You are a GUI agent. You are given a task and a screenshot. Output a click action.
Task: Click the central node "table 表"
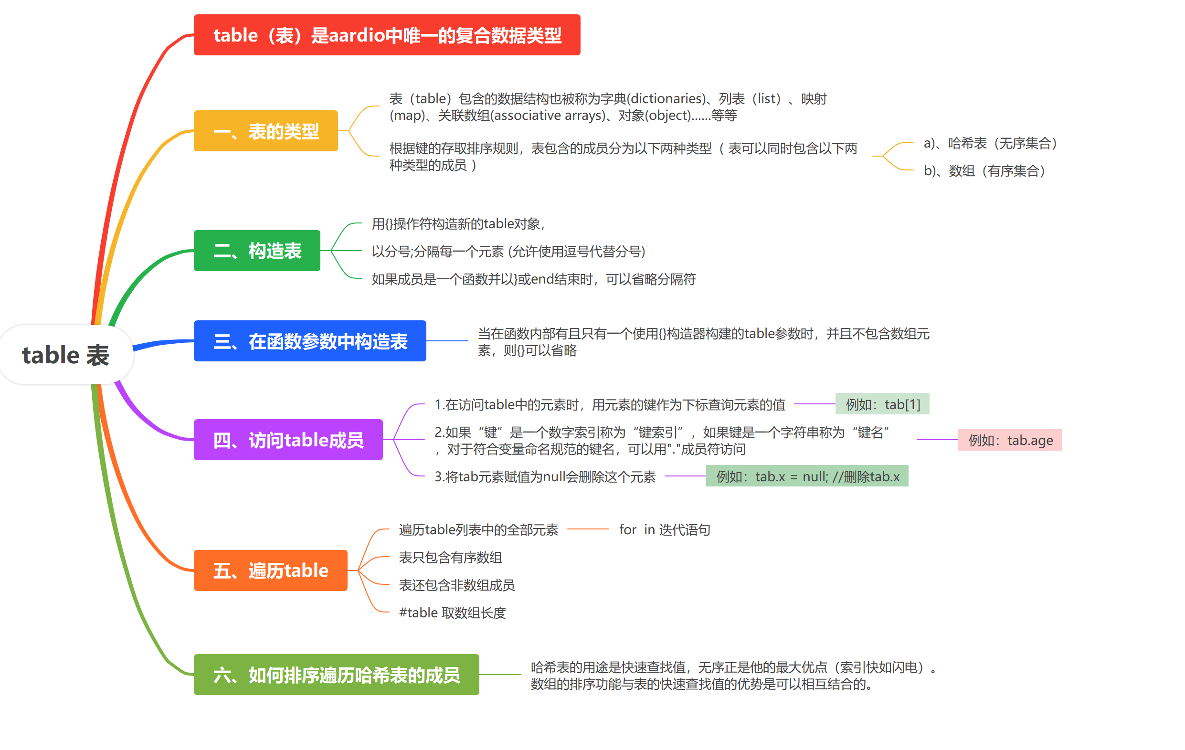point(66,355)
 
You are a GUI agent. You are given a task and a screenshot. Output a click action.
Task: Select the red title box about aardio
point(387,35)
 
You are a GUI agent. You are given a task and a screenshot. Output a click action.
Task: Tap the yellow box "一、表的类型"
point(266,131)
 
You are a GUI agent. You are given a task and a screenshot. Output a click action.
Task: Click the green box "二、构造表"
point(257,251)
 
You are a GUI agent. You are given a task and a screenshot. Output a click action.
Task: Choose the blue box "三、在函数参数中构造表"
point(310,341)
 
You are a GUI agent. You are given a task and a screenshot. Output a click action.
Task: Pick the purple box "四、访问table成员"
point(288,440)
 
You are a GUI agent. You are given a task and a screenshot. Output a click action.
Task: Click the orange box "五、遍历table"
point(271,570)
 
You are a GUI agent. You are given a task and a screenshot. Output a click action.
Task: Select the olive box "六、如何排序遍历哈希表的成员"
point(337,675)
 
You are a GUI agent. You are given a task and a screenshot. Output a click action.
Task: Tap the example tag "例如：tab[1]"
point(882,404)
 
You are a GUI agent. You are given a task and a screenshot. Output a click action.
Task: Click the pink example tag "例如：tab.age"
point(1010,440)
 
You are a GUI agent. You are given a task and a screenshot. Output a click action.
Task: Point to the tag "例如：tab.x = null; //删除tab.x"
point(807,476)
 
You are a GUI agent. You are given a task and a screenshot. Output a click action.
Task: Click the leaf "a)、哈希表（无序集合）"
point(991,143)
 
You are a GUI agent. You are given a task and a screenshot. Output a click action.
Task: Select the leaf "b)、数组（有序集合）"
point(984,171)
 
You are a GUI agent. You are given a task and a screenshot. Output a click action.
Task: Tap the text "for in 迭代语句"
point(664,529)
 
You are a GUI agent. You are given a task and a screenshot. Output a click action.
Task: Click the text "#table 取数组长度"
point(452,613)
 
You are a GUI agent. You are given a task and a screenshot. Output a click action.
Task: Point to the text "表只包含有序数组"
point(450,558)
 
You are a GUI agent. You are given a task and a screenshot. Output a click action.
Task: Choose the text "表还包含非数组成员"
point(457,585)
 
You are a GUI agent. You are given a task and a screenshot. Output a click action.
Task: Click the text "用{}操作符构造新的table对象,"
point(459,224)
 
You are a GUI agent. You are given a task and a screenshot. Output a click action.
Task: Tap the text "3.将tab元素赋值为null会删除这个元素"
point(545,476)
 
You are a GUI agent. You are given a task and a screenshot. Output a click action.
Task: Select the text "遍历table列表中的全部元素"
point(478,529)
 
